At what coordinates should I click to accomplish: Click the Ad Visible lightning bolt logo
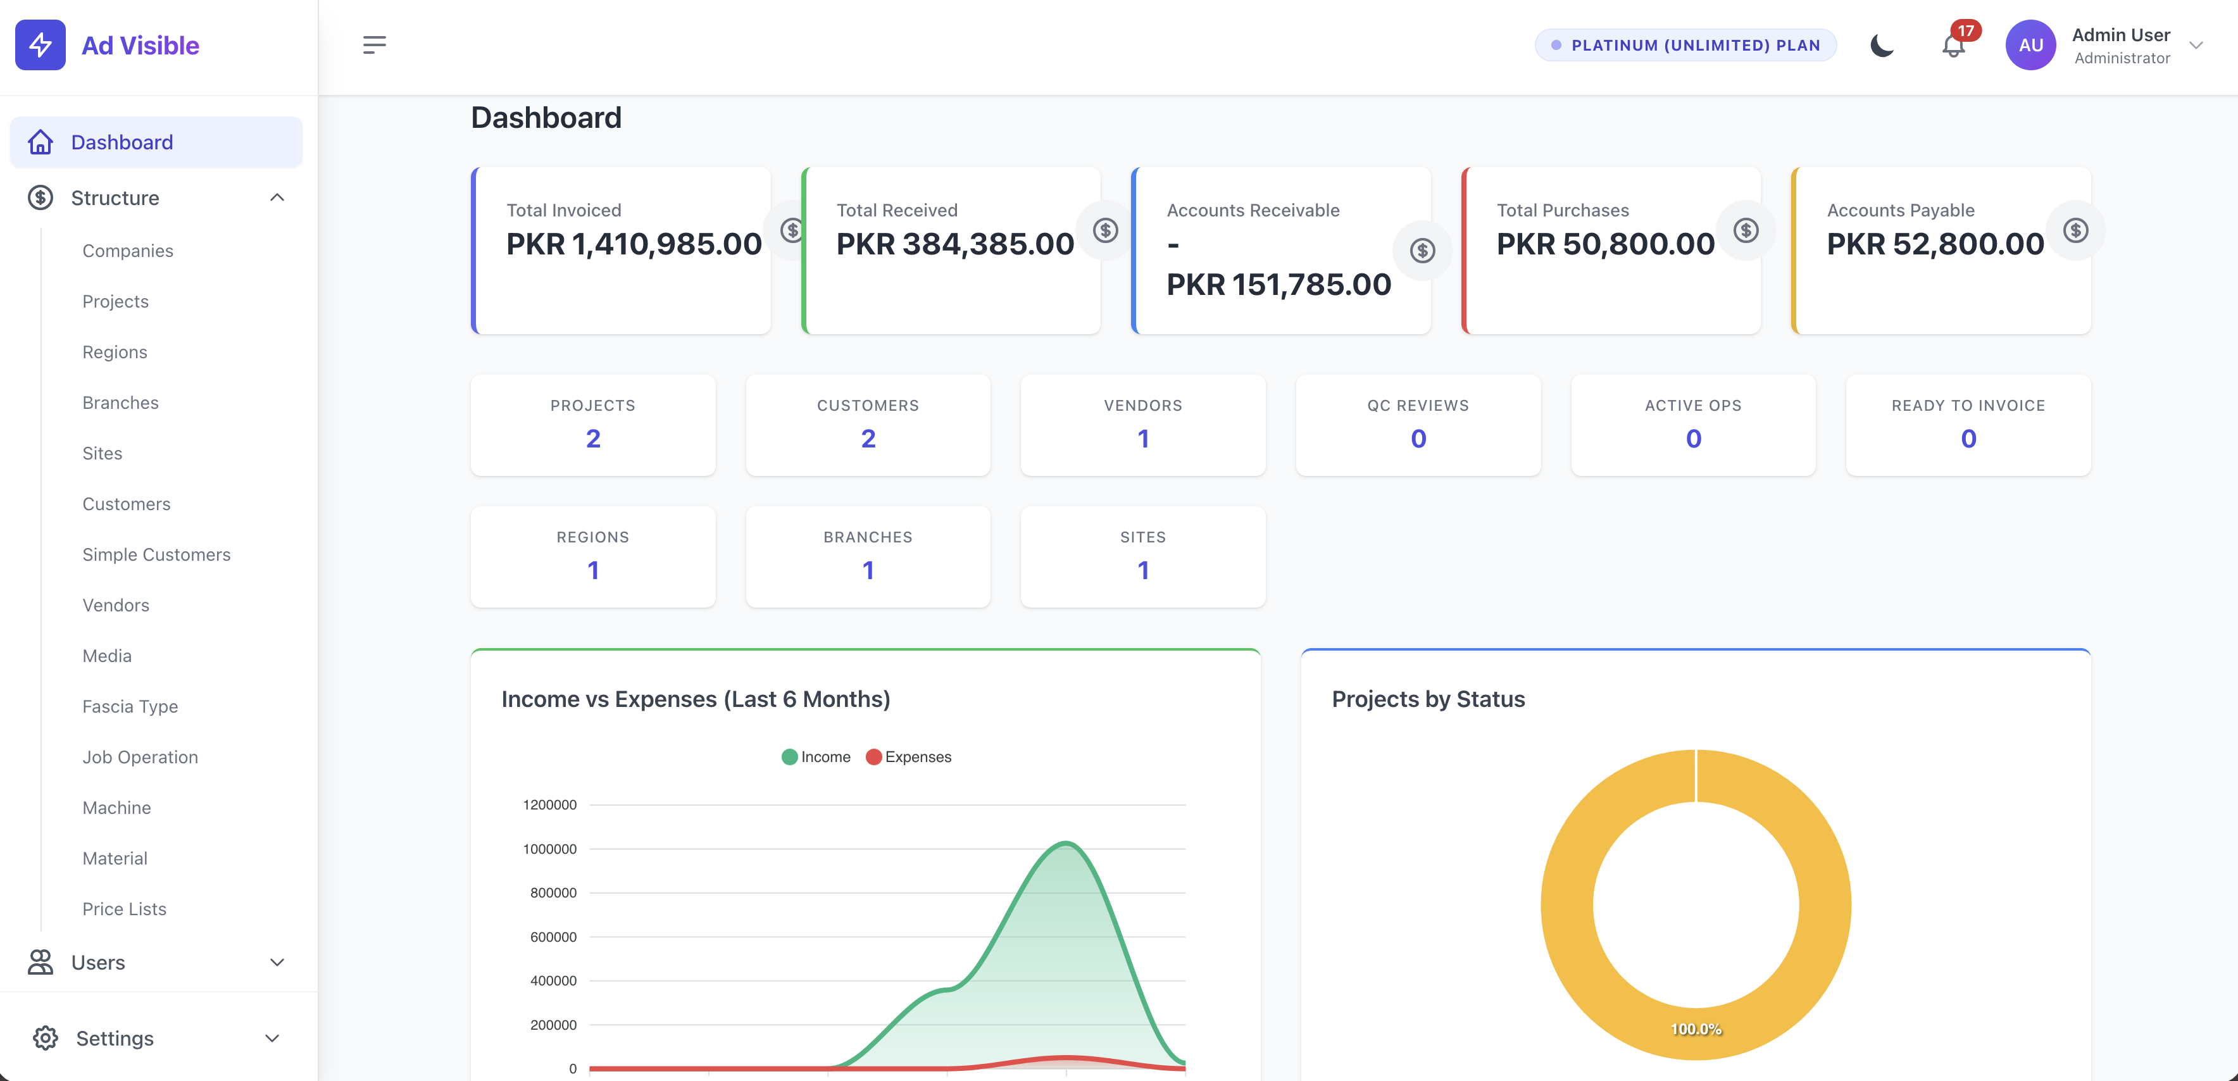40,45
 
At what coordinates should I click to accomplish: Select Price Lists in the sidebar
124,908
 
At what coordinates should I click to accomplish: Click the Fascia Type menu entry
130,706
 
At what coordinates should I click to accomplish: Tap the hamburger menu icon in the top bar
375,45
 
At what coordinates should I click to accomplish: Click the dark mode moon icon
1882,45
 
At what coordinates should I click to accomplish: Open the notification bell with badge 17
1954,44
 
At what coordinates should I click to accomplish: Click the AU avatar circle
2030,45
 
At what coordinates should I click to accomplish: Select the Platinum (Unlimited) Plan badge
1685,45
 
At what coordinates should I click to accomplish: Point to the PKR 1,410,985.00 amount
634,244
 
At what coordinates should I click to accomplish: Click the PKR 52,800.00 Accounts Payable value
1935,244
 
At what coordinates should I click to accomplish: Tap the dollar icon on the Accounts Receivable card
1422,251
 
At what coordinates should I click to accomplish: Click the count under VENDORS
1143,439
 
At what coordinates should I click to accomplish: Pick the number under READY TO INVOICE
1968,439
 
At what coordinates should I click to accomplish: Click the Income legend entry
816,757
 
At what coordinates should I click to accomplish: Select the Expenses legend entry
909,757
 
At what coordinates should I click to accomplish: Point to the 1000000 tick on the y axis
550,849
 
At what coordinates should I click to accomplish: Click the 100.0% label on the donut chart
1696,1029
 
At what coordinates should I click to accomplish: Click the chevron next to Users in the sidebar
277,962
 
